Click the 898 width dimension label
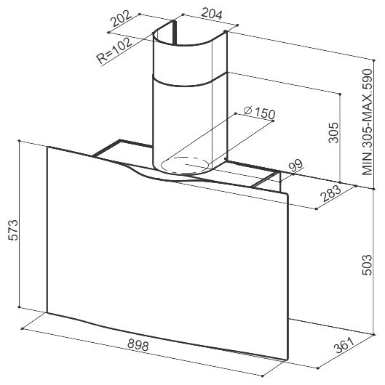click(138, 346)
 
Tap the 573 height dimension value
click(13, 230)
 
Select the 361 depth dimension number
click(345, 345)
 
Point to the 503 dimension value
click(368, 265)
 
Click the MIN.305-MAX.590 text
click(368, 122)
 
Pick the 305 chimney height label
click(333, 133)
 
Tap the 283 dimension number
click(331, 193)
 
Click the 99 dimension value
click(296, 166)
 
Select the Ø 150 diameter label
click(259, 113)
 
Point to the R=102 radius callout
click(114, 52)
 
